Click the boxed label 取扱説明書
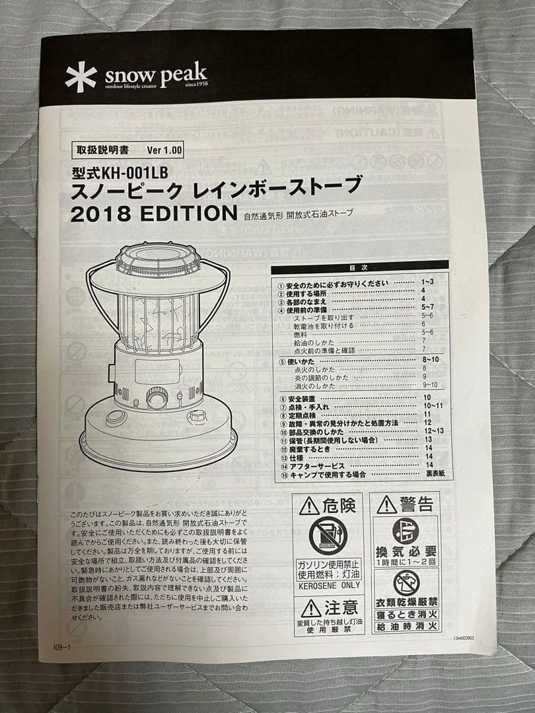102,150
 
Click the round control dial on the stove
157,398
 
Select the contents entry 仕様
295,456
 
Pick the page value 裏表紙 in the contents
435,475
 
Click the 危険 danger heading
328,506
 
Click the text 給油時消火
406,626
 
